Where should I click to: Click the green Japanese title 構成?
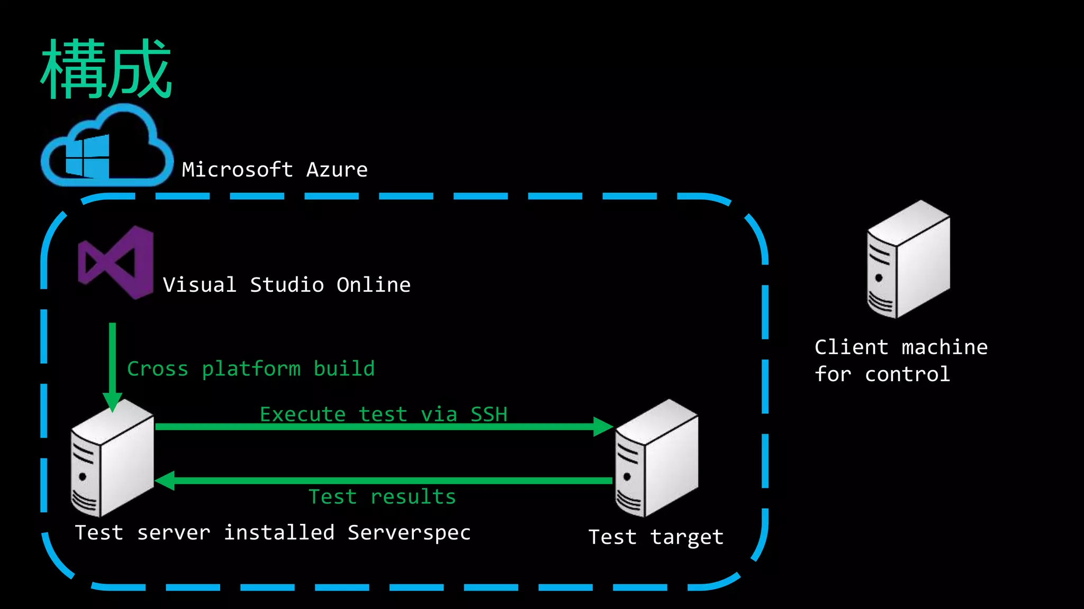tap(106, 69)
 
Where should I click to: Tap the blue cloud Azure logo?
tap(106, 147)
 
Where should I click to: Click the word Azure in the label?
tap(337, 170)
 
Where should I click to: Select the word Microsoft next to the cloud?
tap(237, 170)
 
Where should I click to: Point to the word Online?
tap(373, 285)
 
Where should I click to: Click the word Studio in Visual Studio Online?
tap(286, 285)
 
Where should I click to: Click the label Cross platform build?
tap(251, 369)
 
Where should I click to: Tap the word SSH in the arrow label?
tap(489, 414)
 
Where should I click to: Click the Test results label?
tap(382, 497)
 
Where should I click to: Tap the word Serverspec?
tap(409, 533)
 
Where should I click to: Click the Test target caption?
tap(655, 537)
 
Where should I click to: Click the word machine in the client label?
tap(944, 348)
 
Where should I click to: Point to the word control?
tap(907, 375)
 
